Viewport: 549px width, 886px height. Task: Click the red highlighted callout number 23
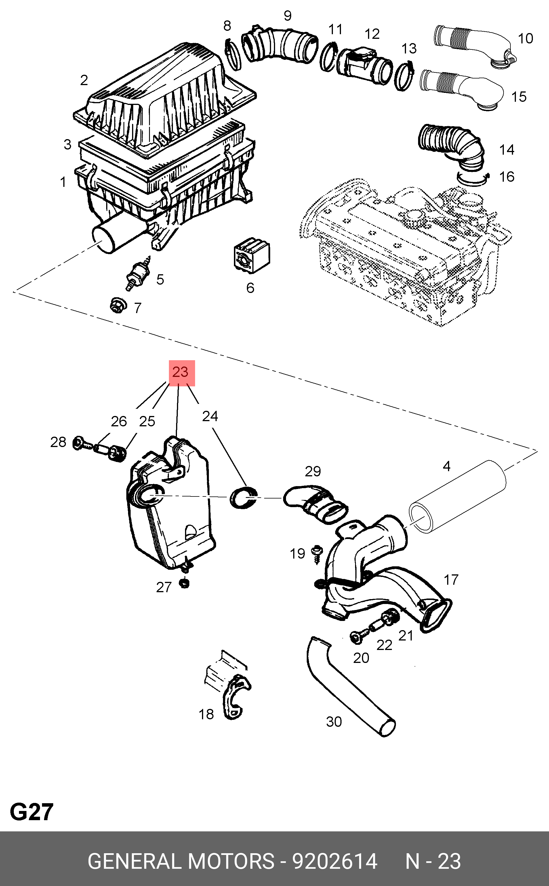[x=182, y=373]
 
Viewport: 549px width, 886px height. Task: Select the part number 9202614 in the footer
[x=334, y=861]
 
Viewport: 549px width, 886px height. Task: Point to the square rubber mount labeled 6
[x=251, y=255]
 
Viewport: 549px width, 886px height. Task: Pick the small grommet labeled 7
[x=118, y=305]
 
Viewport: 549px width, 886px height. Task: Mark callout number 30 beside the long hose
[x=334, y=722]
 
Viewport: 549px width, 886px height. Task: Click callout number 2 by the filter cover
[x=84, y=80]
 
